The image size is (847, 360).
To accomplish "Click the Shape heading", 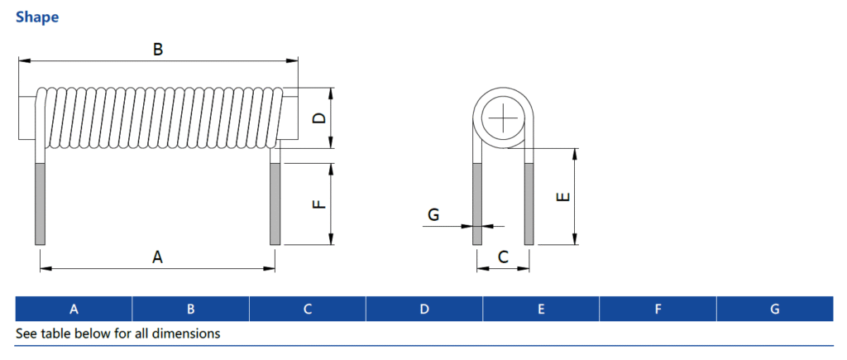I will [x=37, y=17].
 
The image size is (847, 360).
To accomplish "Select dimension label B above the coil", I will [x=158, y=50].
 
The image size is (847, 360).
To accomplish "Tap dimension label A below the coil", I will [x=157, y=257].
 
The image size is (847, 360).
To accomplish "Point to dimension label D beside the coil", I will [x=318, y=118].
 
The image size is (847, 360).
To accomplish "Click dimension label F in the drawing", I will [x=318, y=204].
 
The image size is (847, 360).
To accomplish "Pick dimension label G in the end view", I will [x=433, y=215].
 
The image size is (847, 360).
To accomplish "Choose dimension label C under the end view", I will [x=503, y=257].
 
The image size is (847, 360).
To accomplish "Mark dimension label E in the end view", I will [x=562, y=197].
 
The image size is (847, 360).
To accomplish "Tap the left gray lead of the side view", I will [x=40, y=204].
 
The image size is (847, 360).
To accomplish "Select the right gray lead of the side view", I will [x=275, y=204].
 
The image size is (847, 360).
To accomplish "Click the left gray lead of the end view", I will [x=476, y=204].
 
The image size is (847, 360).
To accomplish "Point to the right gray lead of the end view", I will [x=529, y=204].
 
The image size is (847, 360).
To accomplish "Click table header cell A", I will [x=74, y=310].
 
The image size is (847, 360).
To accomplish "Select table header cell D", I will [x=424, y=310].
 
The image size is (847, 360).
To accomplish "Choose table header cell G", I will [x=774, y=310].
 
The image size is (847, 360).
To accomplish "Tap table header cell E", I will [x=541, y=310].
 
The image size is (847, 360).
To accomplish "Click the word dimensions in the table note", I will [x=189, y=334].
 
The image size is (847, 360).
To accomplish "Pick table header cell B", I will [x=190, y=310].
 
